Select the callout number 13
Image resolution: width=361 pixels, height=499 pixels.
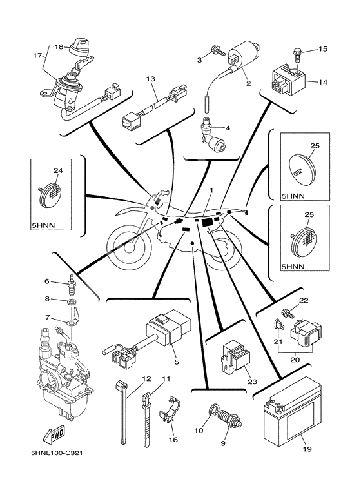point(151,79)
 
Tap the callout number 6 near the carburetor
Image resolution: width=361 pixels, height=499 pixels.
point(46,281)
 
